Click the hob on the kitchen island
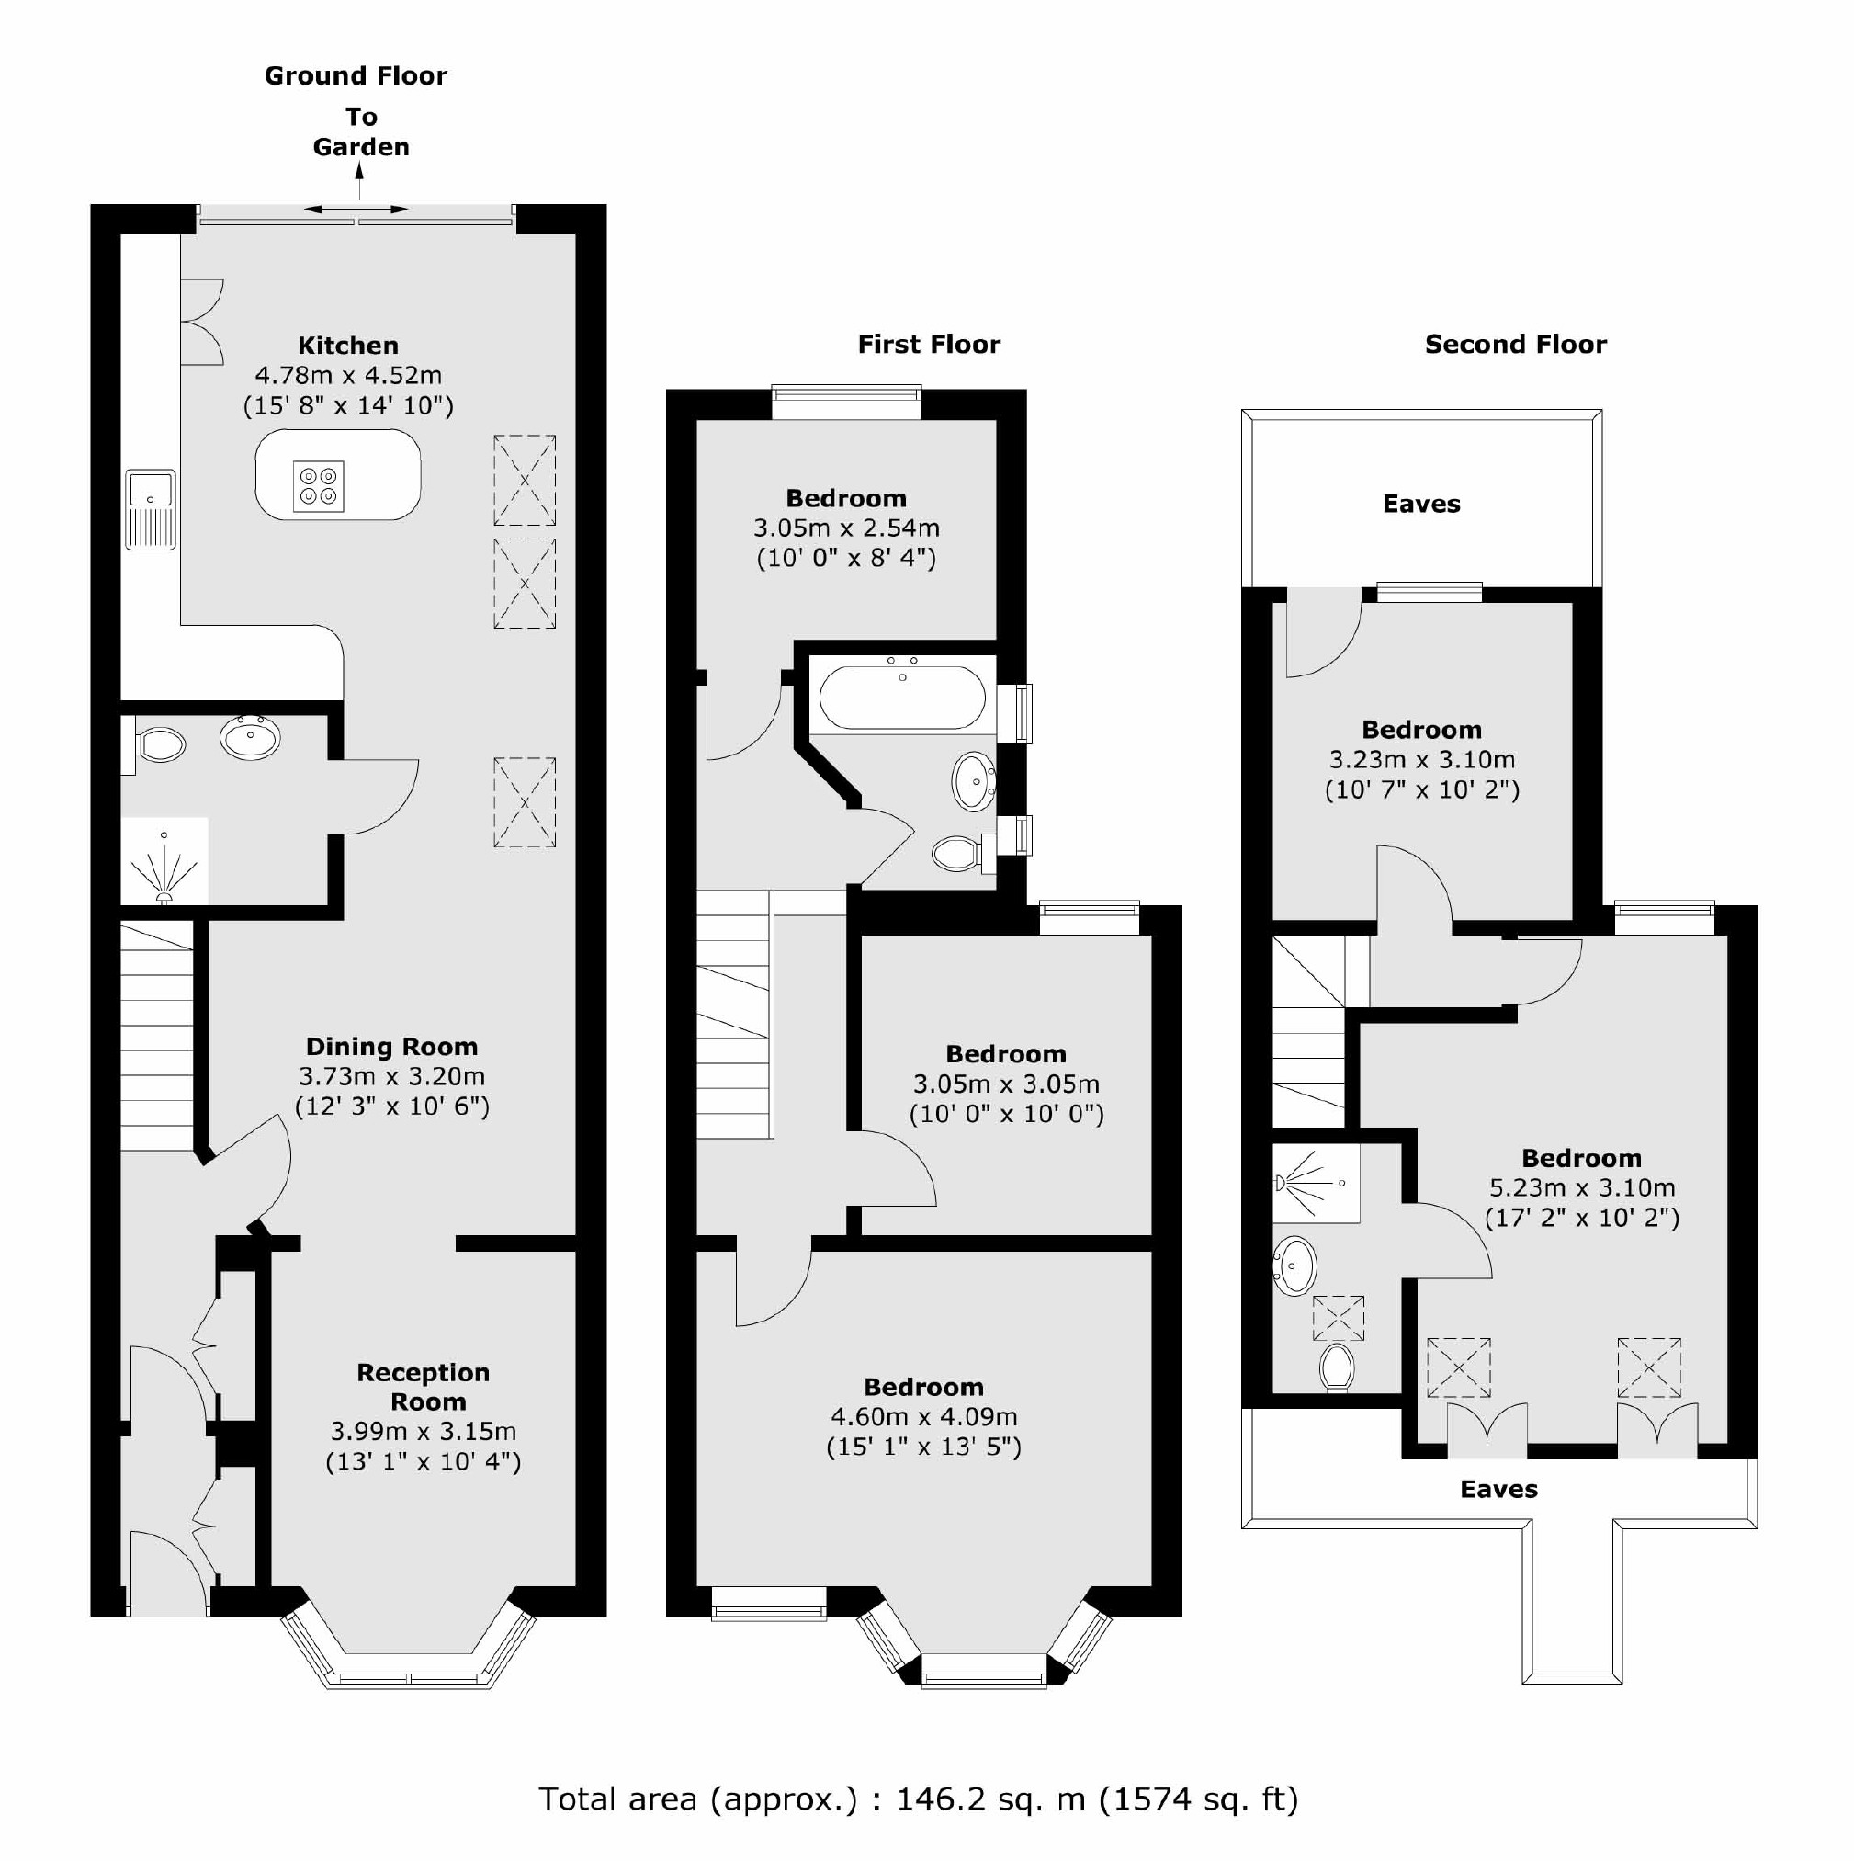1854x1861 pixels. pos(318,486)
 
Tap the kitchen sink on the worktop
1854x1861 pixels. pos(151,508)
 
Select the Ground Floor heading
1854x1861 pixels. pos(356,76)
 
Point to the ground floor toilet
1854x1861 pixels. pos(159,744)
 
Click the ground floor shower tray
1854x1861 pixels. pos(164,861)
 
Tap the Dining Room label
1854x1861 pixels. pos(391,1047)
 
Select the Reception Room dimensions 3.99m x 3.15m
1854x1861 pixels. pos(423,1432)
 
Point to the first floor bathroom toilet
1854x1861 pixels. pos(959,854)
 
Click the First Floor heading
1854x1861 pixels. pos(929,345)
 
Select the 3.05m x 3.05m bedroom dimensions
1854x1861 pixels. pos(1005,1084)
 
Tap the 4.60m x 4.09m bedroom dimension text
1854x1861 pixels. pos(922,1417)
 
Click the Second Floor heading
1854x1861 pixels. pos(1515,345)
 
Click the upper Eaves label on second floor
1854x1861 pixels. pos(1420,505)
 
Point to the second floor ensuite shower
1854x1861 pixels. pos(1316,1183)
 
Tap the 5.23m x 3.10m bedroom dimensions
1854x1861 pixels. pos(1581,1187)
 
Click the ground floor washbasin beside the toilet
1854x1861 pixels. pos(251,738)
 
